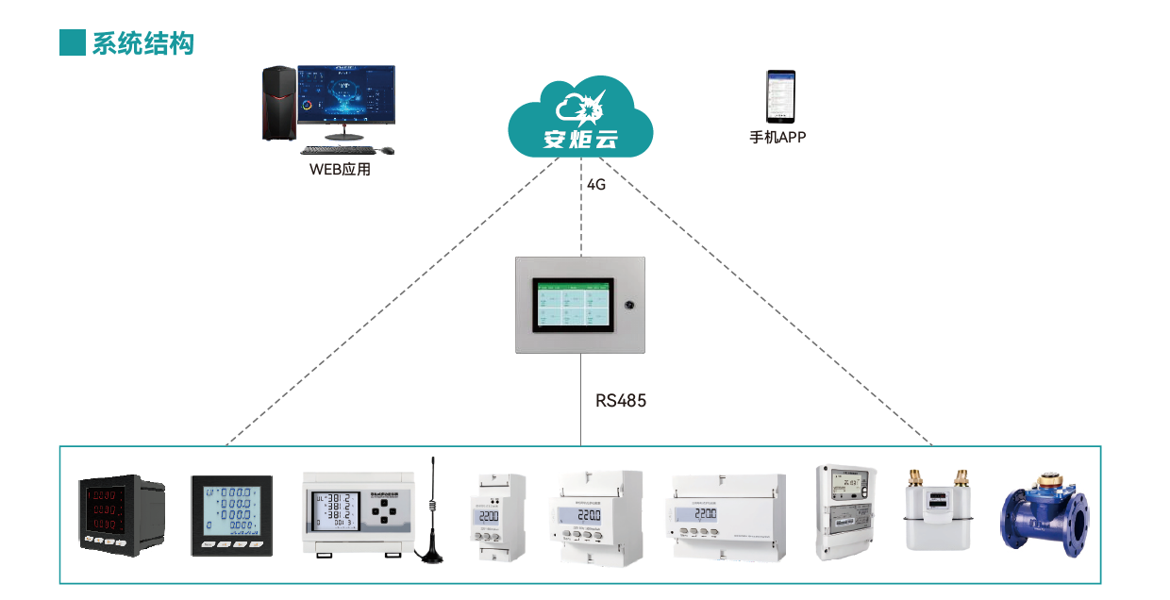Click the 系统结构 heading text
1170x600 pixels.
click(142, 42)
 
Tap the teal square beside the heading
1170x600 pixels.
click(73, 42)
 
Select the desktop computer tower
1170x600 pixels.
click(278, 104)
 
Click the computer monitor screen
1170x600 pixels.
click(346, 94)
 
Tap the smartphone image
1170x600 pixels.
click(779, 96)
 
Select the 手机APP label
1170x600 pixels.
click(777, 138)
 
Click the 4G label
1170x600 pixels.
click(595, 185)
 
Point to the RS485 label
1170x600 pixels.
click(621, 401)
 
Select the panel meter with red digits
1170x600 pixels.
click(119, 515)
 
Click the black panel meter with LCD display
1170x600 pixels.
click(232, 517)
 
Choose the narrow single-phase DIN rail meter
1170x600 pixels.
click(498, 519)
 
